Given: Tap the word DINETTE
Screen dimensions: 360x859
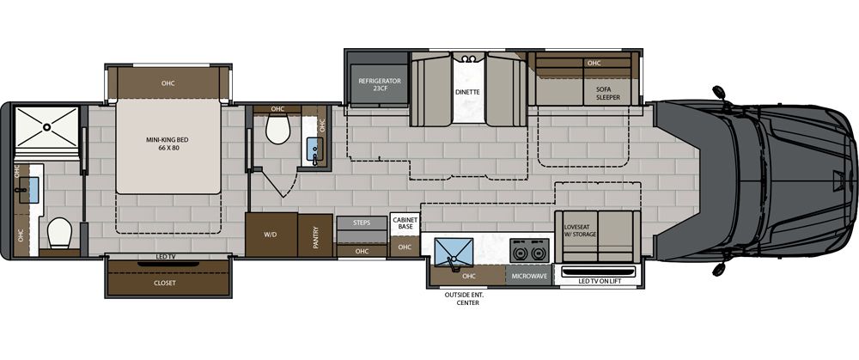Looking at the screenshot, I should (x=466, y=90).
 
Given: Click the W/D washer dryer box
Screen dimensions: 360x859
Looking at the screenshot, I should (x=271, y=235).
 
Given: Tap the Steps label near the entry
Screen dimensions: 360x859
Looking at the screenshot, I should (x=361, y=223).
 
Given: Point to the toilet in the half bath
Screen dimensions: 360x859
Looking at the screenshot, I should (x=277, y=131).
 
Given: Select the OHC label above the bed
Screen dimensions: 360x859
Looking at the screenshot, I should (x=168, y=83).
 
